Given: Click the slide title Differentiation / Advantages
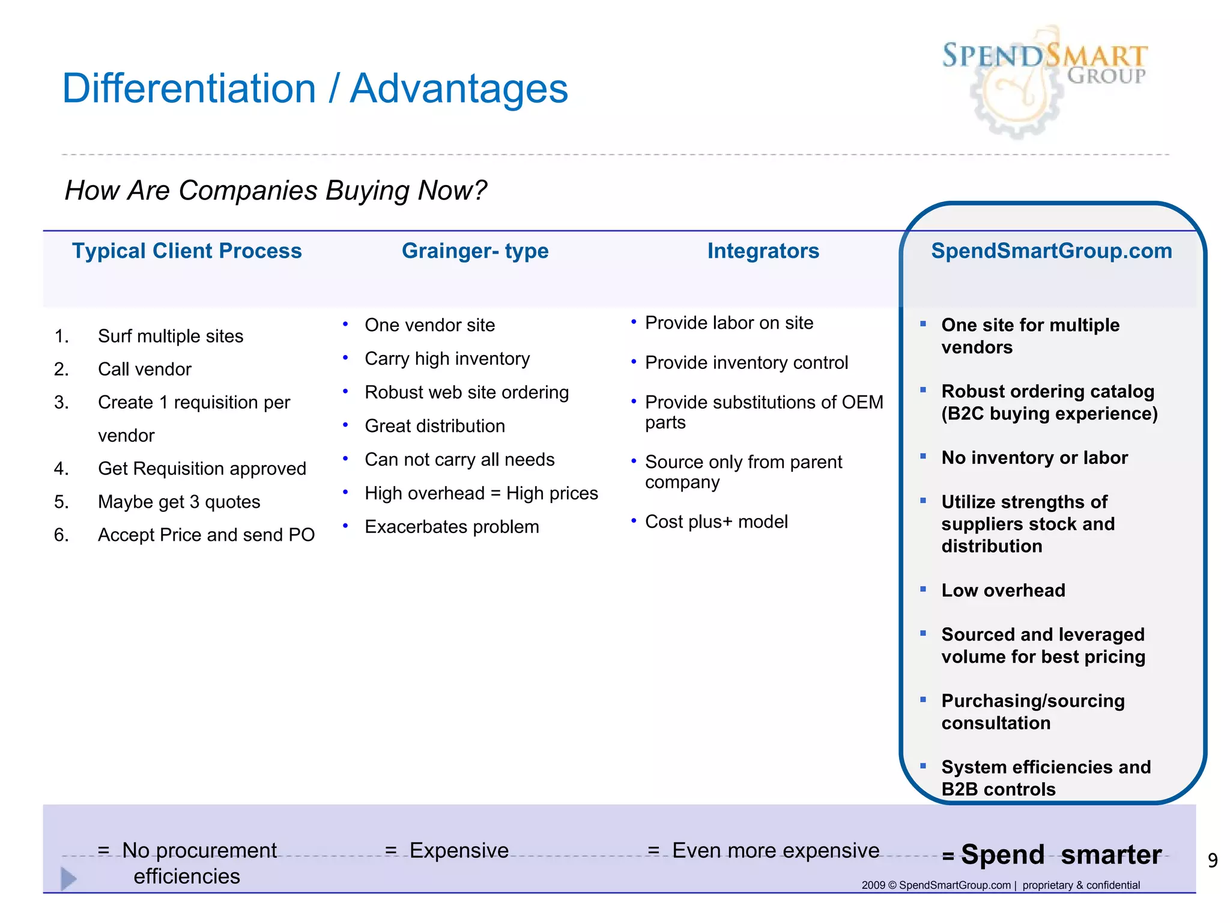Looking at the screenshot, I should [315, 89].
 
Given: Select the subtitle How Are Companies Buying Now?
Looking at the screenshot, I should [275, 190].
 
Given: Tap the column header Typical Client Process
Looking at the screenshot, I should [187, 251].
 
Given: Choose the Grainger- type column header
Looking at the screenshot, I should [474, 251].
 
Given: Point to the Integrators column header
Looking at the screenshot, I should [763, 251].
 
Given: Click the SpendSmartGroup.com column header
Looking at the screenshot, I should [1051, 251].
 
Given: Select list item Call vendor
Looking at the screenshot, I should [144, 369].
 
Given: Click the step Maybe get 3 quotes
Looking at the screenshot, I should [179, 502].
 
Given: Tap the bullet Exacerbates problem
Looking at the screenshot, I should [452, 527].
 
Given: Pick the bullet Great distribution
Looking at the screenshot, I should [435, 426].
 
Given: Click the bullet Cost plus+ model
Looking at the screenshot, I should [716, 522].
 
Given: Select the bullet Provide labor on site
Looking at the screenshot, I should [729, 323].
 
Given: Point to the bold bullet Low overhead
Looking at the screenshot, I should [1003, 591].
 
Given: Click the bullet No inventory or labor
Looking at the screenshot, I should [1034, 458].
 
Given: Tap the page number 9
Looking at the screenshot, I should [1213, 861].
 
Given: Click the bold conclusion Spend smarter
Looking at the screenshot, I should [1060, 854].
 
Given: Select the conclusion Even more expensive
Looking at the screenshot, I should [775, 850].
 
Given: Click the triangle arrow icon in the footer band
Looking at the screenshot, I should [68, 879].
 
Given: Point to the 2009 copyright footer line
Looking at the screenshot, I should [1000, 885].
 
